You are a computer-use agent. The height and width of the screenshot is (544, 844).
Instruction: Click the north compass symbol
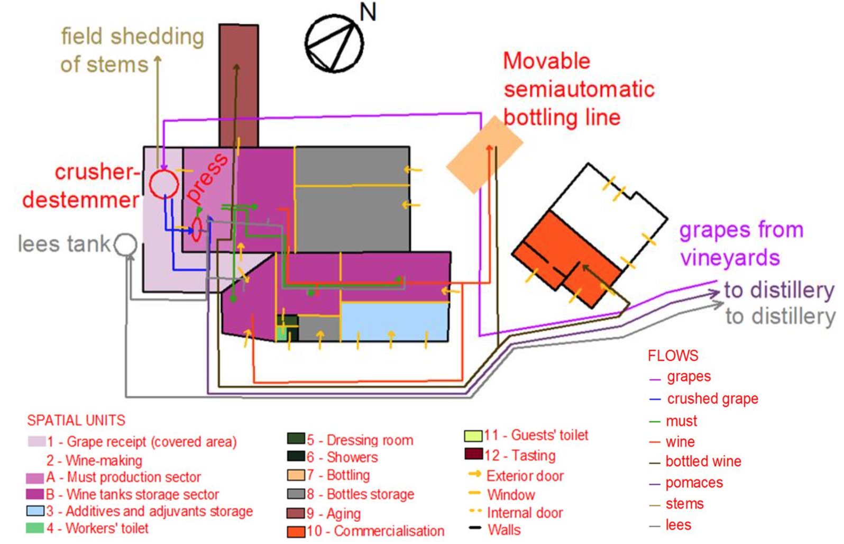[x=334, y=43]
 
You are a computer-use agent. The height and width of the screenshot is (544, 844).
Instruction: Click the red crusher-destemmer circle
[x=164, y=184]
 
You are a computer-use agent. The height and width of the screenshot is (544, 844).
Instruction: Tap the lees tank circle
[x=126, y=244]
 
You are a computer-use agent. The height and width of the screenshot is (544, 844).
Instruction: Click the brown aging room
[x=239, y=85]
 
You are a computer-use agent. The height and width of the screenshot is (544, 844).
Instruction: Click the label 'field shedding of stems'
[x=132, y=50]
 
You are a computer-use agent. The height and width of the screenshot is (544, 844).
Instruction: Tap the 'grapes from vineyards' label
[x=740, y=243]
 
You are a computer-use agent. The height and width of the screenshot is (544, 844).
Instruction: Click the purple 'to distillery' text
[x=778, y=290]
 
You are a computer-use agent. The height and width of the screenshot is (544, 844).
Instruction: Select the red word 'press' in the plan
[x=207, y=177]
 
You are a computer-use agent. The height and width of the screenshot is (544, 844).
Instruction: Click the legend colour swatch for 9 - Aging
[x=296, y=513]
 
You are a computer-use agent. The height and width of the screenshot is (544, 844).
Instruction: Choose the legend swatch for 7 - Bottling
[x=296, y=475]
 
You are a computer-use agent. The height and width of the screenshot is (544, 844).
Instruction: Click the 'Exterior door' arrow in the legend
[x=474, y=475]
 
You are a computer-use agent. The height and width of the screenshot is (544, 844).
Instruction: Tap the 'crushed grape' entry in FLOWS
[x=712, y=398]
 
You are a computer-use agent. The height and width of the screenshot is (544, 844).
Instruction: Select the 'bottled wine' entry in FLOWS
[x=703, y=461]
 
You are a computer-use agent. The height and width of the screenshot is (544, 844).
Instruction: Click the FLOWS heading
[x=673, y=356]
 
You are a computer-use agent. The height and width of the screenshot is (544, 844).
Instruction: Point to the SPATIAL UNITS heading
[x=76, y=420]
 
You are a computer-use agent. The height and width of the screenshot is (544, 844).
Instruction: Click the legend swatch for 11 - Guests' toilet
[x=473, y=436]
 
